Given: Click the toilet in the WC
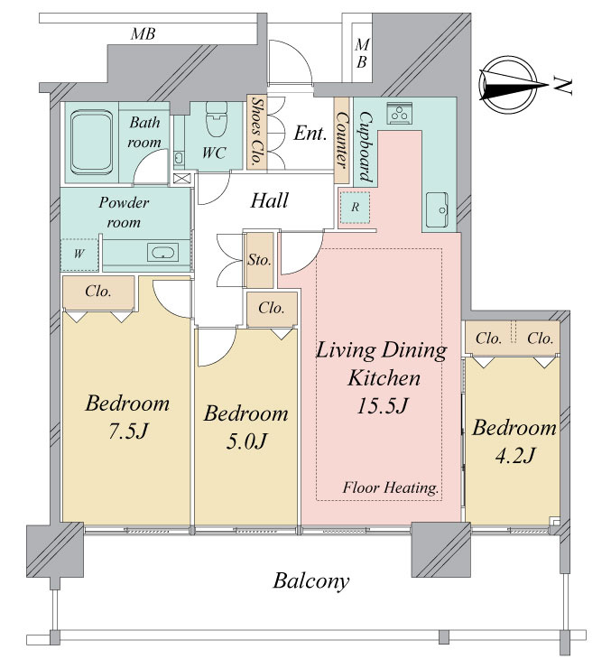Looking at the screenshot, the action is click(217, 119).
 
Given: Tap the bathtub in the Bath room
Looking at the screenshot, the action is click(91, 143).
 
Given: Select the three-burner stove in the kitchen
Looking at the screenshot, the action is click(400, 113).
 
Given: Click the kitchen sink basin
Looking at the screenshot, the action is click(437, 209).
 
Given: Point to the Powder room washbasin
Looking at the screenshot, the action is click(162, 252).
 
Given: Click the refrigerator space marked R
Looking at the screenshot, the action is click(355, 208).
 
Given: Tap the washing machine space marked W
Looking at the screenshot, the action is click(79, 254).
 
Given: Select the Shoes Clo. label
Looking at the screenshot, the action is click(257, 131).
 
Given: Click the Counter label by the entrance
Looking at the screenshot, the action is click(341, 139).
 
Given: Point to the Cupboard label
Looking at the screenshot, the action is click(366, 146).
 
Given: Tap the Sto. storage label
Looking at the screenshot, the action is click(259, 259).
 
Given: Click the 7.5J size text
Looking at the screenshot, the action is click(128, 431).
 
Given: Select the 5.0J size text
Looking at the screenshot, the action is click(246, 441).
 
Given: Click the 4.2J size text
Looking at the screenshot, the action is click(514, 456).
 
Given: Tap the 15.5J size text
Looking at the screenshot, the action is click(383, 405).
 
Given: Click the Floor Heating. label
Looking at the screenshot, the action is click(391, 487).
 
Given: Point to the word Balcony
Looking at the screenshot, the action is click(311, 580).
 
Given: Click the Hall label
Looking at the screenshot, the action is click(269, 200).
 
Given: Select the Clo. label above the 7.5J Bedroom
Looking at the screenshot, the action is click(98, 291).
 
